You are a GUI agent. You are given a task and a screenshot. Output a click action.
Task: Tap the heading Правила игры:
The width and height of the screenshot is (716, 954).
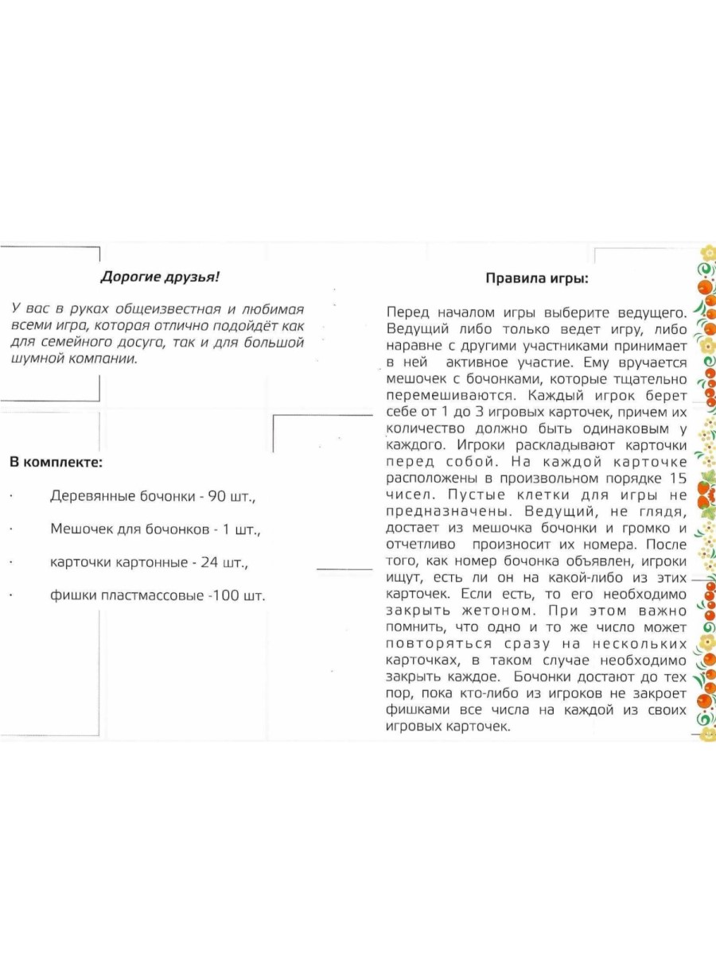537,279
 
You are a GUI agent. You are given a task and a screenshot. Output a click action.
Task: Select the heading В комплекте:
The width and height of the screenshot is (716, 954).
56,462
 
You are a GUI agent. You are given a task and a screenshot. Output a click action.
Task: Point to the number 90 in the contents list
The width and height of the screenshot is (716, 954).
219,496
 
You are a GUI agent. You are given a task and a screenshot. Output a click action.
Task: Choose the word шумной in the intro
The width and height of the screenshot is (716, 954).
38,359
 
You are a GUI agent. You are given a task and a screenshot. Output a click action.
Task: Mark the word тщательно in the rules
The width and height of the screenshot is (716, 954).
646,379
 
